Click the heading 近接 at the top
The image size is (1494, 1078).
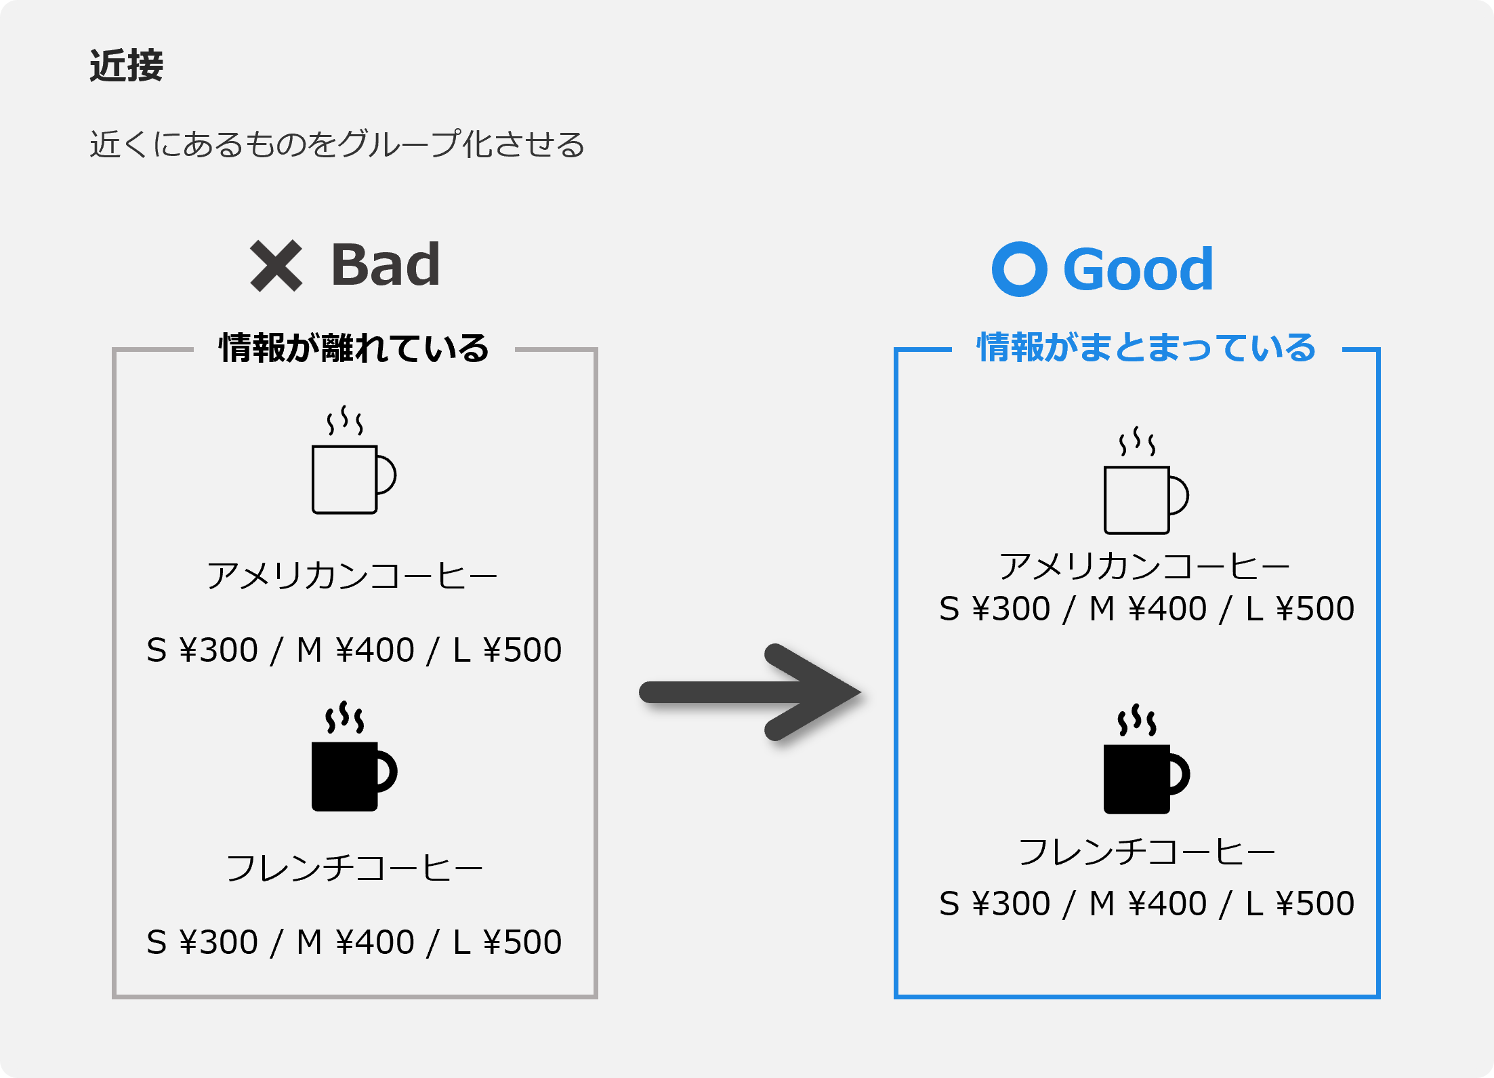coord(127,66)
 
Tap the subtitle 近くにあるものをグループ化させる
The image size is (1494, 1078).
coord(337,144)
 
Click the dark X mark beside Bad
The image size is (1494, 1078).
coord(276,266)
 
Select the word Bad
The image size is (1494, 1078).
coord(386,265)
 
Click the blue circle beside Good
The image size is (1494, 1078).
coord(1019,269)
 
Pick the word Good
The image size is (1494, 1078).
coord(1138,269)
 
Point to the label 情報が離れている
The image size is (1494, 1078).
coord(354,348)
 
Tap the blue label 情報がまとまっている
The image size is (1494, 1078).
coord(1146,348)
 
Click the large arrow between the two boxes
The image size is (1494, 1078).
coord(750,692)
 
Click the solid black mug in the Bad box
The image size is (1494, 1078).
coord(354,756)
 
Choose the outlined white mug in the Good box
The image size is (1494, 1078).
coord(1146,481)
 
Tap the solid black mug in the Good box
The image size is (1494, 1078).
coord(1146,759)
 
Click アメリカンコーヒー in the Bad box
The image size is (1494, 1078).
coord(352,576)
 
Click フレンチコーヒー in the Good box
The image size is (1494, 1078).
coord(1146,852)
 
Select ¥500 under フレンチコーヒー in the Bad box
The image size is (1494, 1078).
coord(522,942)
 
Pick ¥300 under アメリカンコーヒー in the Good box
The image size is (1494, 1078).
coord(1011,609)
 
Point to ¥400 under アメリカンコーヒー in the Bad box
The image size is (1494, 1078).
coord(375,650)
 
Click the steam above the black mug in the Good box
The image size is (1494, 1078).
coord(1137,719)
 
